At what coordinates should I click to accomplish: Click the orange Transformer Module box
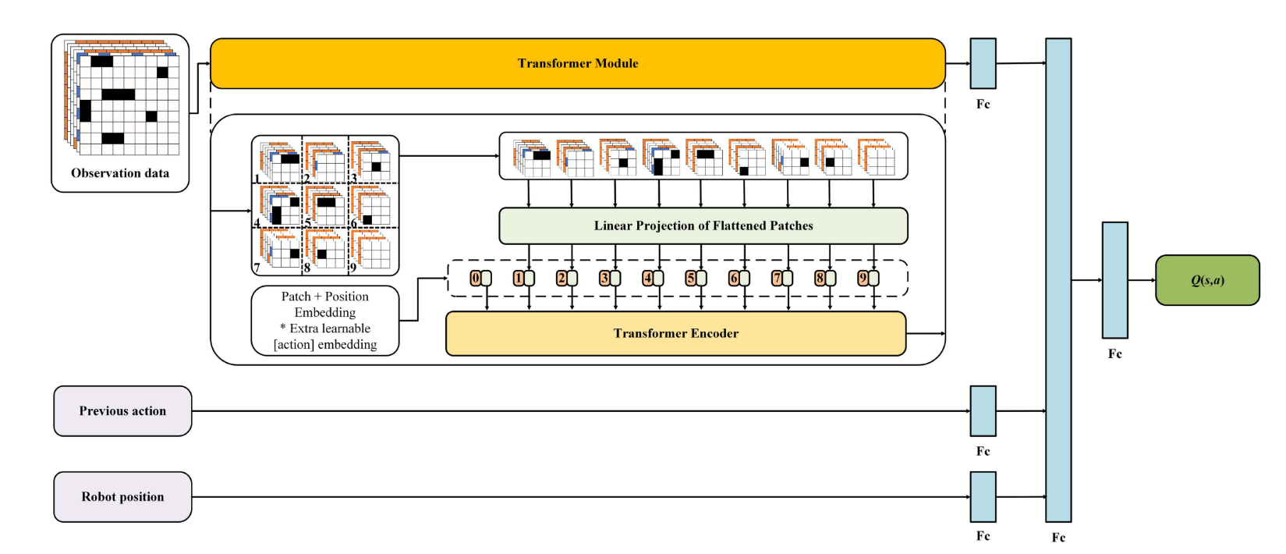click(x=577, y=63)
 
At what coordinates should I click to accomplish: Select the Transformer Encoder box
click(x=675, y=333)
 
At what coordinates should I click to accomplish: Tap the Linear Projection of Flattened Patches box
click(x=703, y=226)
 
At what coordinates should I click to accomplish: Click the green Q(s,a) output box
click(x=1206, y=280)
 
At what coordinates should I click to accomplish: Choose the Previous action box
click(x=122, y=411)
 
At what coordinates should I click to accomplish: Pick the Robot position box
click(x=122, y=497)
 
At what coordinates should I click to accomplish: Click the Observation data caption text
click(x=120, y=173)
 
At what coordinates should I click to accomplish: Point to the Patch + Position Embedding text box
click(x=325, y=321)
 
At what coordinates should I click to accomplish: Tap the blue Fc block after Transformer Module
click(x=983, y=63)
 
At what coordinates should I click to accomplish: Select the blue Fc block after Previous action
click(x=983, y=411)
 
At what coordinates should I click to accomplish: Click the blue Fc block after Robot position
click(x=983, y=497)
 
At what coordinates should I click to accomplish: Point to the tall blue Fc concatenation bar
click(x=1057, y=280)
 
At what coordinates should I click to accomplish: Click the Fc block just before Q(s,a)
click(x=1114, y=280)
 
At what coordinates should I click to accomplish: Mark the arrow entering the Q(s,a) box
click(x=1143, y=280)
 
